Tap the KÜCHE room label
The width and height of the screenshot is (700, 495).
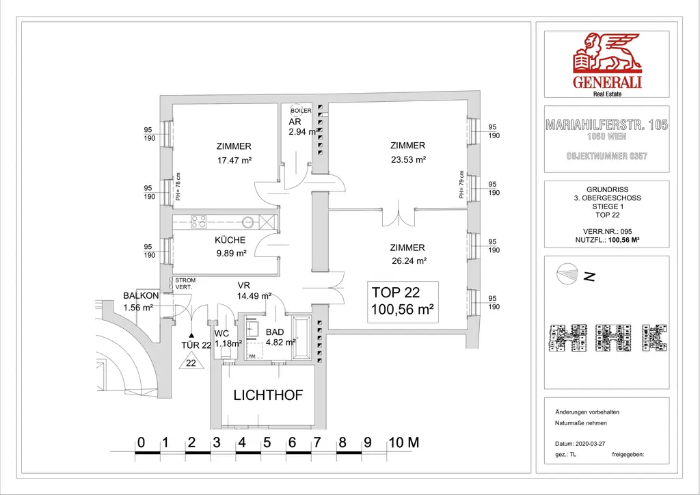coord(230,241)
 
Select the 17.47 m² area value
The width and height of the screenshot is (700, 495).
coord(234,161)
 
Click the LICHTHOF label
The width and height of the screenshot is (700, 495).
coord(268,395)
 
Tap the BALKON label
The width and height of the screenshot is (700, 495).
coord(141,295)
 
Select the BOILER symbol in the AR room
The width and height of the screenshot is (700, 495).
coord(301,111)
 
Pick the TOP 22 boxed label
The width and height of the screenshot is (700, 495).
coord(403,301)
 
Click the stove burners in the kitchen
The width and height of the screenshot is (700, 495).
coord(199,221)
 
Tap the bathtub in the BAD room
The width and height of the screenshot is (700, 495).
coord(302,337)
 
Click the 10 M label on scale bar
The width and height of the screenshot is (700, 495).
coord(403,442)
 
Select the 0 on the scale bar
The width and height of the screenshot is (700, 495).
coord(140,442)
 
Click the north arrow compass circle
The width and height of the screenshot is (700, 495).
coord(568,274)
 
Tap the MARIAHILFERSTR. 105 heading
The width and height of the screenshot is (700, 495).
coord(606,125)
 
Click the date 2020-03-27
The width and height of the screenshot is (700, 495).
coord(591,443)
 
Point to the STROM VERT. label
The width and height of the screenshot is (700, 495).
coord(185,284)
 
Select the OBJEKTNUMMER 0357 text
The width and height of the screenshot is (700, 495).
coord(606,157)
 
